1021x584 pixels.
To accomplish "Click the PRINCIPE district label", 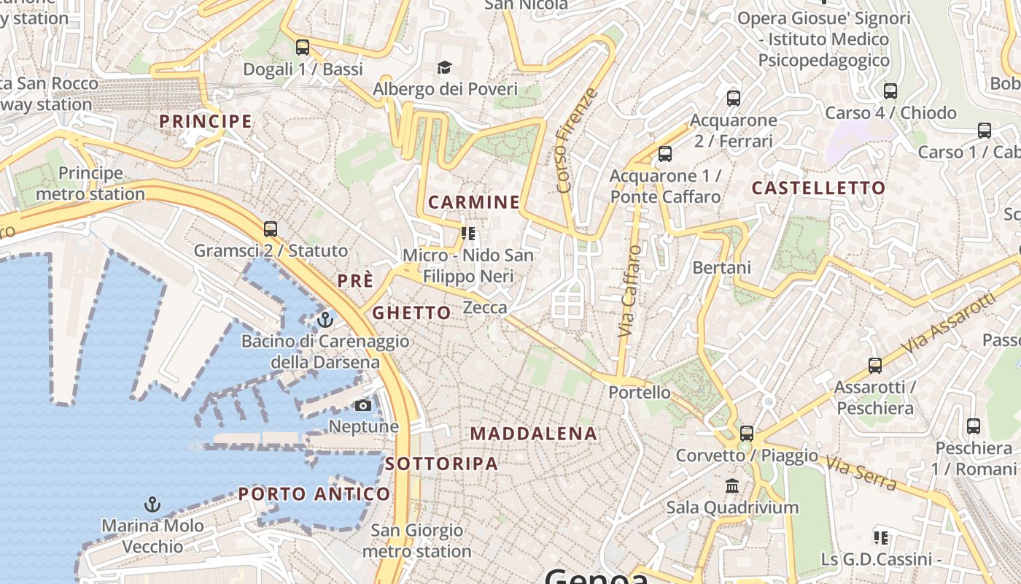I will [x=206, y=121].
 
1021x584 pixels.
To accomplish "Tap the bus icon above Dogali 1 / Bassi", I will [x=303, y=47].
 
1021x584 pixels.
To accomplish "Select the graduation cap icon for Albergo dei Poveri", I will [x=445, y=68].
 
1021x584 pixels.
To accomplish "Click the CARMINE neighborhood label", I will [x=474, y=202].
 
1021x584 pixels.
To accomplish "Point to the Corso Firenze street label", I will [x=576, y=141].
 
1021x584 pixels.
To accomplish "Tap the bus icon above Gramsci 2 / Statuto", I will [x=271, y=228].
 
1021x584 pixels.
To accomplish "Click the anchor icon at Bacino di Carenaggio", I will [x=325, y=320].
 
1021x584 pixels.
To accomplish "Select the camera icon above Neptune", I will [x=363, y=405].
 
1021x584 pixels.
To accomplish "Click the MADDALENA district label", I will [x=533, y=434].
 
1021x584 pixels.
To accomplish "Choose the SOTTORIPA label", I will [x=441, y=464].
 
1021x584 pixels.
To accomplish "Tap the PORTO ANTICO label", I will [x=314, y=494].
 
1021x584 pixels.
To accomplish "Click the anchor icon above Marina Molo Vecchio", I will [x=152, y=504].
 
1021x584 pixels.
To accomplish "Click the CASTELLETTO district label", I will [x=818, y=188].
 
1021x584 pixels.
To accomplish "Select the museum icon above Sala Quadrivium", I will [x=732, y=485].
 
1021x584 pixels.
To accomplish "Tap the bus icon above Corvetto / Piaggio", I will [x=747, y=433].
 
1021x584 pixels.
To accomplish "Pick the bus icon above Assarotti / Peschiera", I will [x=875, y=366].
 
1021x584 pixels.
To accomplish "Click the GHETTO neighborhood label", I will [x=411, y=313].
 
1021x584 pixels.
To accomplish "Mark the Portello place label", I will [x=640, y=393].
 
